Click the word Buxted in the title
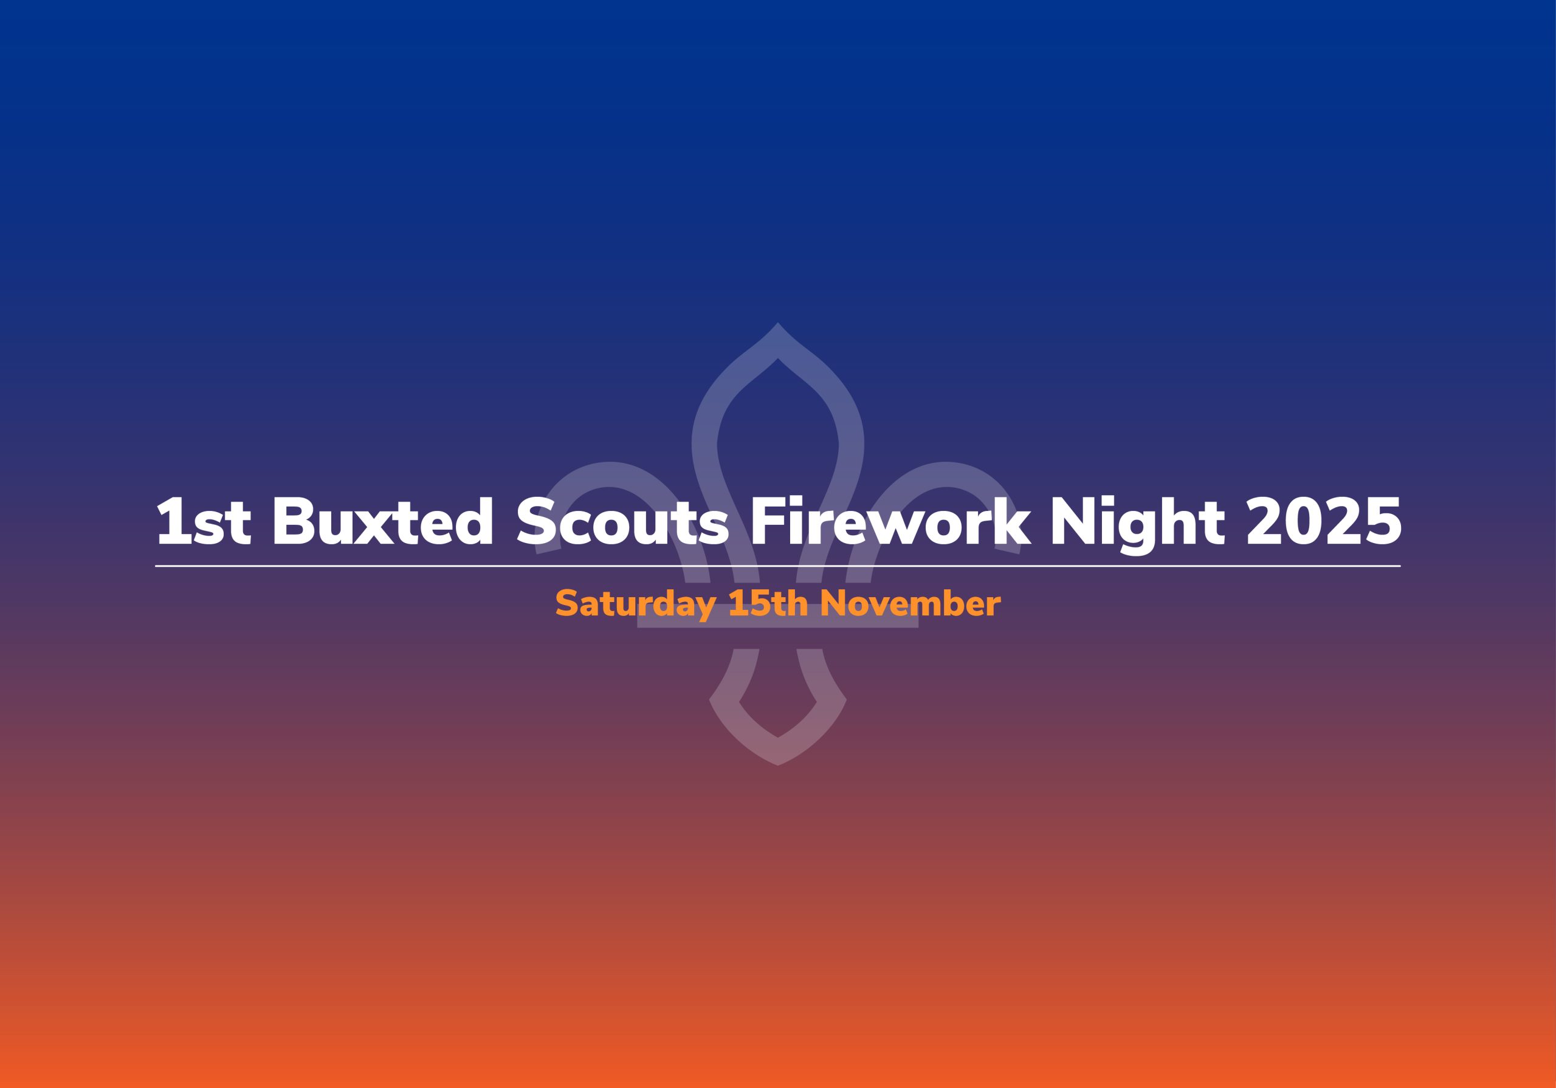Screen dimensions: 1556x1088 click(x=383, y=521)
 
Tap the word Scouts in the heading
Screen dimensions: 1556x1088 click(x=623, y=521)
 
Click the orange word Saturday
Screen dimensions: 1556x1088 click(x=636, y=604)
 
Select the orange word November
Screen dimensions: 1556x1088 click(x=910, y=603)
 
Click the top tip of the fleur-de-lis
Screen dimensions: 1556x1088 click(x=777, y=323)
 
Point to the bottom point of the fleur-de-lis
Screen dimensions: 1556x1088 click(x=778, y=765)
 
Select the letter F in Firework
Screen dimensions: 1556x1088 click(x=768, y=521)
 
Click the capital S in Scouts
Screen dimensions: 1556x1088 click(x=537, y=521)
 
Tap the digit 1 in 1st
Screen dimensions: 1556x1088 click(x=171, y=521)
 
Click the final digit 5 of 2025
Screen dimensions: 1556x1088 click(x=1383, y=522)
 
